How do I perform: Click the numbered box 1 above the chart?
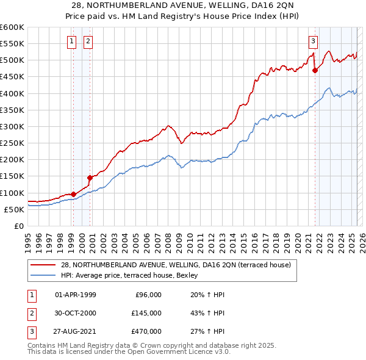[x=72, y=41]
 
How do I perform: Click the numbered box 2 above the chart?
[x=88, y=41]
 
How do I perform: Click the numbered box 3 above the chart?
[x=313, y=41]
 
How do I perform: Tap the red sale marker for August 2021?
[x=315, y=70]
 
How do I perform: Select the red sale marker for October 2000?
[x=90, y=178]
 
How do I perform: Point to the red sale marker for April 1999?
[x=73, y=194]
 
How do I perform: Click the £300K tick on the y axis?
[x=12, y=126]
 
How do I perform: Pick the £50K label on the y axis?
[x=15, y=209]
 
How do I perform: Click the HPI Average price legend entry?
[x=121, y=275]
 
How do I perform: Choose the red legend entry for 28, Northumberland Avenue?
[x=177, y=265]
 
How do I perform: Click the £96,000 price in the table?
[x=148, y=295]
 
